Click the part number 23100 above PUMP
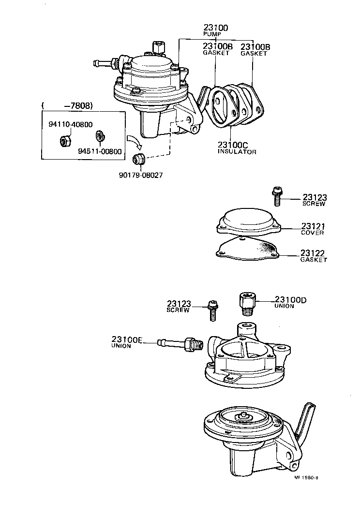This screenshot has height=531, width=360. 215,28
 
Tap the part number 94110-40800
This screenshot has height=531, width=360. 71,124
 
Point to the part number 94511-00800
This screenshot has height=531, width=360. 101,150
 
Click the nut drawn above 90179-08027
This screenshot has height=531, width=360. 137,157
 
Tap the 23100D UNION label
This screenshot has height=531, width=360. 290,302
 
